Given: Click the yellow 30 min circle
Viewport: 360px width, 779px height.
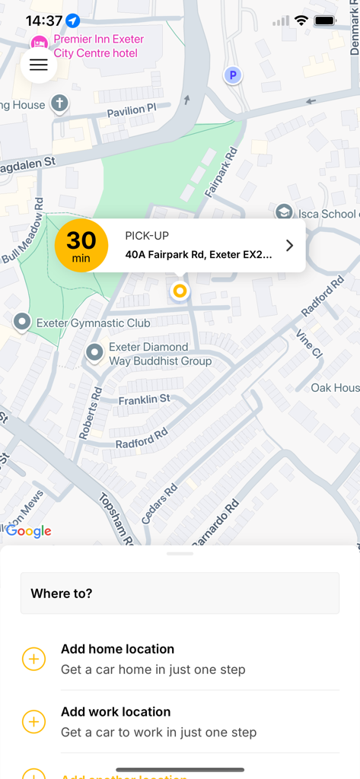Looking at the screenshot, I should (81, 245).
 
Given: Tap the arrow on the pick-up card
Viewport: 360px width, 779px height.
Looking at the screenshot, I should (289, 245).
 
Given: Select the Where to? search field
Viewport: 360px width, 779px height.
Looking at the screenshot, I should (180, 593).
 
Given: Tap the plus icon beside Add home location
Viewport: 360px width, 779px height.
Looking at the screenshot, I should (34, 659).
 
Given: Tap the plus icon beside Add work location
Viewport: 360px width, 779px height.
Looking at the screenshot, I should (34, 722).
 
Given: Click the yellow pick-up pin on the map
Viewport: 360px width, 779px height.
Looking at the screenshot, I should (180, 291).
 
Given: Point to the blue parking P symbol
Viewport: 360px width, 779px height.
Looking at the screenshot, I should (233, 75).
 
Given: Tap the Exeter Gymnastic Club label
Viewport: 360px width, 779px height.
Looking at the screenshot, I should (94, 323).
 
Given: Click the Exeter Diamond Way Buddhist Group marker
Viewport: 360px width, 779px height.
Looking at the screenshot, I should (94, 352).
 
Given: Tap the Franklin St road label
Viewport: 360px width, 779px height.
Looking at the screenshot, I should (144, 399).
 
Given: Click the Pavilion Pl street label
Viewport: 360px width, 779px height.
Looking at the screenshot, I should (131, 111).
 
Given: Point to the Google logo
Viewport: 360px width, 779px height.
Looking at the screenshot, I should (29, 532).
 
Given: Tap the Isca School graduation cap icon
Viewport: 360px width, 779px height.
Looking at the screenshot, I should (284, 212).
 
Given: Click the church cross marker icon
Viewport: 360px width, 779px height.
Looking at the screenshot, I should (59, 103).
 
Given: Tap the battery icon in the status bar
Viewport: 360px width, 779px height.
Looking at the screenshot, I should (325, 21).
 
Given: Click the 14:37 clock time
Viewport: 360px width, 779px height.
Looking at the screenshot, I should (43, 21).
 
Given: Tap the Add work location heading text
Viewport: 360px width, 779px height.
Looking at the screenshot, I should (116, 712).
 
